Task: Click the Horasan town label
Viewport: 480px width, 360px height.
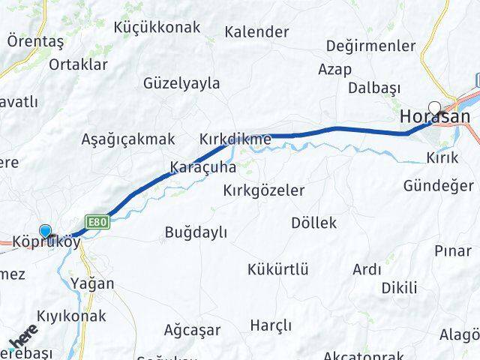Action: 435,117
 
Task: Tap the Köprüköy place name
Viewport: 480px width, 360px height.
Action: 46,243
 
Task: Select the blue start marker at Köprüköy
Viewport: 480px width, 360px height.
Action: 46,232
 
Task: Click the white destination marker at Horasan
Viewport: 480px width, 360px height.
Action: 434,106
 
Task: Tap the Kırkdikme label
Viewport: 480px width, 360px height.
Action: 235,139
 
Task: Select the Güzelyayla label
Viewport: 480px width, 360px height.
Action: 181,83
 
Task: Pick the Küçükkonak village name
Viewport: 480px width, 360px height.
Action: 157,28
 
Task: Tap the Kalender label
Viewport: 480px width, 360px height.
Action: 256,32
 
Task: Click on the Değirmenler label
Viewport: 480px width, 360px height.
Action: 370,46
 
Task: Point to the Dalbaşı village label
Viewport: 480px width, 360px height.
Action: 374,88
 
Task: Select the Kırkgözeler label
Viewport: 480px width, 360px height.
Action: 264,190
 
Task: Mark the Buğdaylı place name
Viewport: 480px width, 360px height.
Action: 196,232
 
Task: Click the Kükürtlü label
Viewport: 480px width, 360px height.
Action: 277,269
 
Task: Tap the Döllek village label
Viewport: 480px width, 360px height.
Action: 313,223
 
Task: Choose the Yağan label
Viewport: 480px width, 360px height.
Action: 94,283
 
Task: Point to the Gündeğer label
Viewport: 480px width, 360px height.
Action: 438,185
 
